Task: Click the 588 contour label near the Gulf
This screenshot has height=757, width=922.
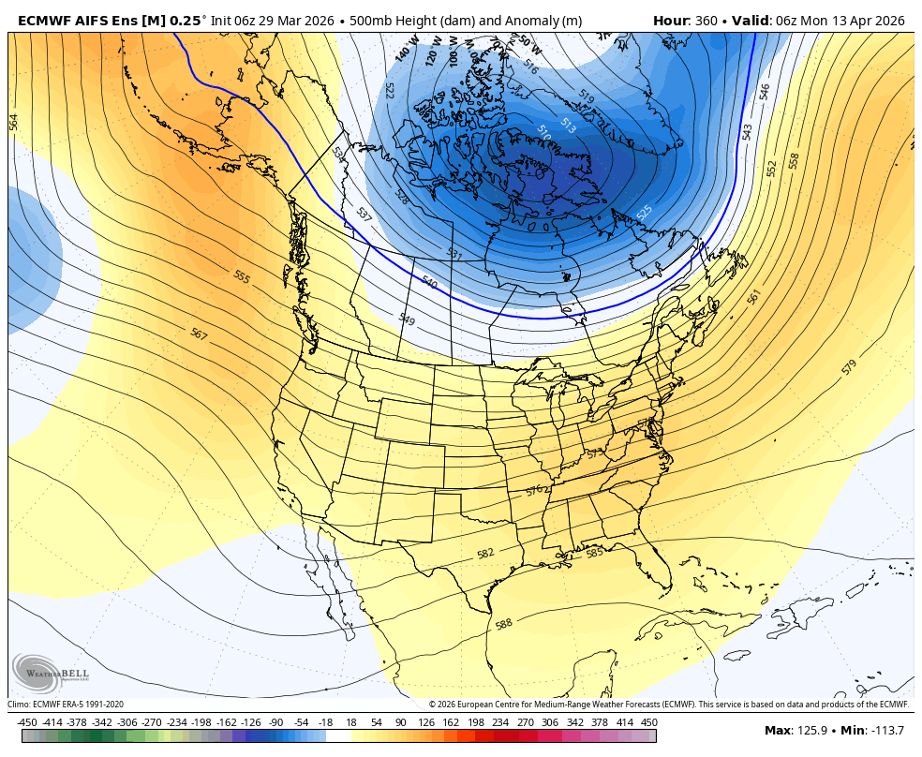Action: [x=504, y=624]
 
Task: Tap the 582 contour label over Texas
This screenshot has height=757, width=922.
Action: [x=485, y=554]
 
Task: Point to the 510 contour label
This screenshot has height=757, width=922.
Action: [x=543, y=133]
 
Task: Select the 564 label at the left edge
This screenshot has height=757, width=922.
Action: [x=13, y=122]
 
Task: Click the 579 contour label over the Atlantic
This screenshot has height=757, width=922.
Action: [x=849, y=367]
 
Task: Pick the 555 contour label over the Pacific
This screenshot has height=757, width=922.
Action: [x=242, y=277]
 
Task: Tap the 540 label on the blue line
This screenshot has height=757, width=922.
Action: [x=429, y=282]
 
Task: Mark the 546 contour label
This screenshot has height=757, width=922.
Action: [x=765, y=92]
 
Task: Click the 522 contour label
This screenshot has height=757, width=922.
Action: [x=389, y=90]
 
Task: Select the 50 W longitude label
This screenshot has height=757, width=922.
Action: [x=528, y=43]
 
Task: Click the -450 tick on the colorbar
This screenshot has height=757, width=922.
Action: [x=27, y=722]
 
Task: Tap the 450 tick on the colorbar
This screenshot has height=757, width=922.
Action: [x=648, y=722]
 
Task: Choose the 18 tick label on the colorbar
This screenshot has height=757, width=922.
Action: [x=351, y=722]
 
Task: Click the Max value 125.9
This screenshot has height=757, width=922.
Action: [x=811, y=731]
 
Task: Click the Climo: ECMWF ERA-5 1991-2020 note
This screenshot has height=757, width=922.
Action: [x=66, y=705]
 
